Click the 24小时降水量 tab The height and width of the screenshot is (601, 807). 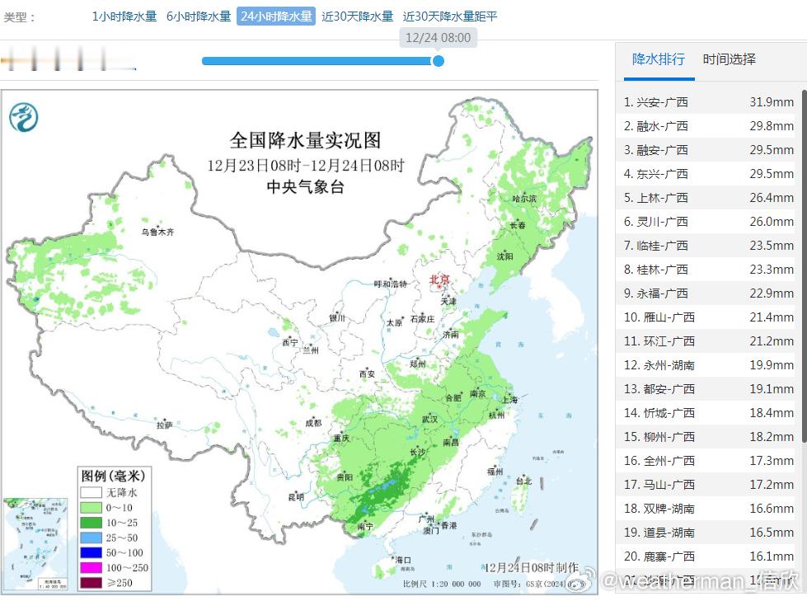(x=276, y=16)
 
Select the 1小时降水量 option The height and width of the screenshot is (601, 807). (x=124, y=16)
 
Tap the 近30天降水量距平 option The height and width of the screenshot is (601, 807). (x=450, y=16)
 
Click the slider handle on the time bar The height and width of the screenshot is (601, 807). (x=439, y=60)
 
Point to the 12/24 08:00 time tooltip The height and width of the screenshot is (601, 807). (x=438, y=37)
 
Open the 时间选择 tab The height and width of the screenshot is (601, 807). (x=729, y=59)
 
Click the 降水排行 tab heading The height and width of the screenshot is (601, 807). (x=658, y=59)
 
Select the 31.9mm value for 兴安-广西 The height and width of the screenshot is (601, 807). (x=772, y=102)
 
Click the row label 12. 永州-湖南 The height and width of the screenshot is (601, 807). (x=659, y=364)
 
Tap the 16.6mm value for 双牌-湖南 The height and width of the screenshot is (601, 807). (x=772, y=508)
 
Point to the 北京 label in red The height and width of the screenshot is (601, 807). (x=440, y=280)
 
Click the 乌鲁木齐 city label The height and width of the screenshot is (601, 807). (x=157, y=232)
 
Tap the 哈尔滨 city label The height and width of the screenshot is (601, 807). (x=523, y=199)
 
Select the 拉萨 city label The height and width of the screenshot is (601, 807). (x=165, y=425)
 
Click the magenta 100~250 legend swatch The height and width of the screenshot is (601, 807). (x=91, y=568)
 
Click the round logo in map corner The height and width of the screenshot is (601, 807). (x=24, y=117)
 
